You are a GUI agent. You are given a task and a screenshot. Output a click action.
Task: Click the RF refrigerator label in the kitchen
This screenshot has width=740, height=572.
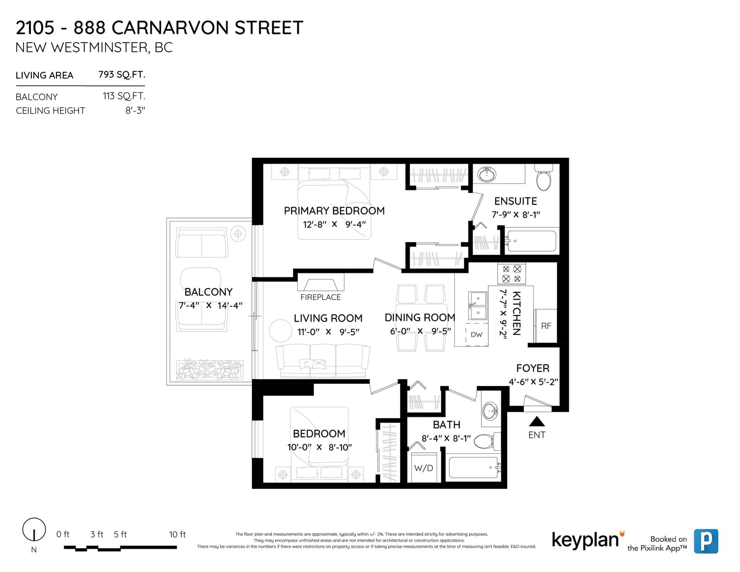click(x=546, y=326)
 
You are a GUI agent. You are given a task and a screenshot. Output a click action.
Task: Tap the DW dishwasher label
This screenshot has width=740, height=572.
click(x=476, y=334)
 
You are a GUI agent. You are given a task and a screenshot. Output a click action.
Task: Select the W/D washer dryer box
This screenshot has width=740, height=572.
click(x=424, y=467)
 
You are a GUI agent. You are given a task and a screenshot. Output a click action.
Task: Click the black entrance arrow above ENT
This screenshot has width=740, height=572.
click(x=536, y=422)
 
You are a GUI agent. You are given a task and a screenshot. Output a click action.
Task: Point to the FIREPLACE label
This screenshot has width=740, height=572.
click(x=321, y=297)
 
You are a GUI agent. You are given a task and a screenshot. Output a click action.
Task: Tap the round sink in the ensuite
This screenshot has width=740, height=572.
click(x=487, y=175)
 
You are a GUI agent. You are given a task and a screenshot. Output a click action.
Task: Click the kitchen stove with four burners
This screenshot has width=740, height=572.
click(x=512, y=274)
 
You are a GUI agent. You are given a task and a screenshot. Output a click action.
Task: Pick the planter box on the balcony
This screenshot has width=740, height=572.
click(x=210, y=370)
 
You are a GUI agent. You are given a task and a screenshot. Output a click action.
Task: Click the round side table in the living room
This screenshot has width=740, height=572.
click(x=281, y=330)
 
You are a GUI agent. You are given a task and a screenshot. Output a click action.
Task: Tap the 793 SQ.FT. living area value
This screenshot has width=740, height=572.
click(x=122, y=74)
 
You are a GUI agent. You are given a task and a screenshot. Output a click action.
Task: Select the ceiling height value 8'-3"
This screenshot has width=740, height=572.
click(x=135, y=111)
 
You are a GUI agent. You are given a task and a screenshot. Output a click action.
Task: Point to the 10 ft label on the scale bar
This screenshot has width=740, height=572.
click(x=178, y=534)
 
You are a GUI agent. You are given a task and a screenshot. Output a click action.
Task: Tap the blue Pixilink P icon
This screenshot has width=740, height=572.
click(x=706, y=541)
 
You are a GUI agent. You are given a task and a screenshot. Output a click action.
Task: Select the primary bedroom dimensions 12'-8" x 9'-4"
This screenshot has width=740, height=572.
click(x=334, y=224)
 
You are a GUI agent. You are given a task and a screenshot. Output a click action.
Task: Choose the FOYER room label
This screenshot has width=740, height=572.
click(x=533, y=368)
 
